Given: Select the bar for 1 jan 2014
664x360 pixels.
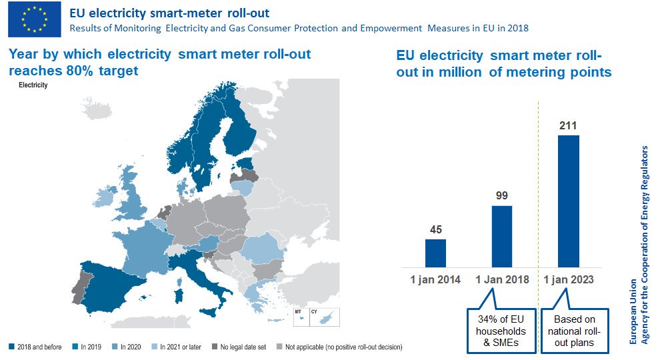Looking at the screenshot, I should pyautogui.click(x=435, y=253).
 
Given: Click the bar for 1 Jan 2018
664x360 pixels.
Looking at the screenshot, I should pyautogui.click(x=502, y=236).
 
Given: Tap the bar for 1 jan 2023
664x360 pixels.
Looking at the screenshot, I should pyautogui.click(x=568, y=201).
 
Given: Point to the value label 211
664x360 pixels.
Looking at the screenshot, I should pyautogui.click(x=568, y=125).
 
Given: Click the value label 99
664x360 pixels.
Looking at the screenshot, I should pyautogui.click(x=502, y=196).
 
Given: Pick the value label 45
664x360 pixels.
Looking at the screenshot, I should pyautogui.click(x=435, y=229).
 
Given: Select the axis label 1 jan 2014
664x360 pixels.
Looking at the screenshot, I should pyautogui.click(x=435, y=279).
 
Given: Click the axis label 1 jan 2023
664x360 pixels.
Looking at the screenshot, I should pyautogui.click(x=568, y=279).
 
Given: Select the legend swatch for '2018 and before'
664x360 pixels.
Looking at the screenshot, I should pyautogui.click(x=12, y=347).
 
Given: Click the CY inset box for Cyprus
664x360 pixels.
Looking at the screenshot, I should pyautogui.click(x=325, y=317).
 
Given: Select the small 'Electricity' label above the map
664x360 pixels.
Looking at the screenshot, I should pyautogui.click(x=33, y=85).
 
